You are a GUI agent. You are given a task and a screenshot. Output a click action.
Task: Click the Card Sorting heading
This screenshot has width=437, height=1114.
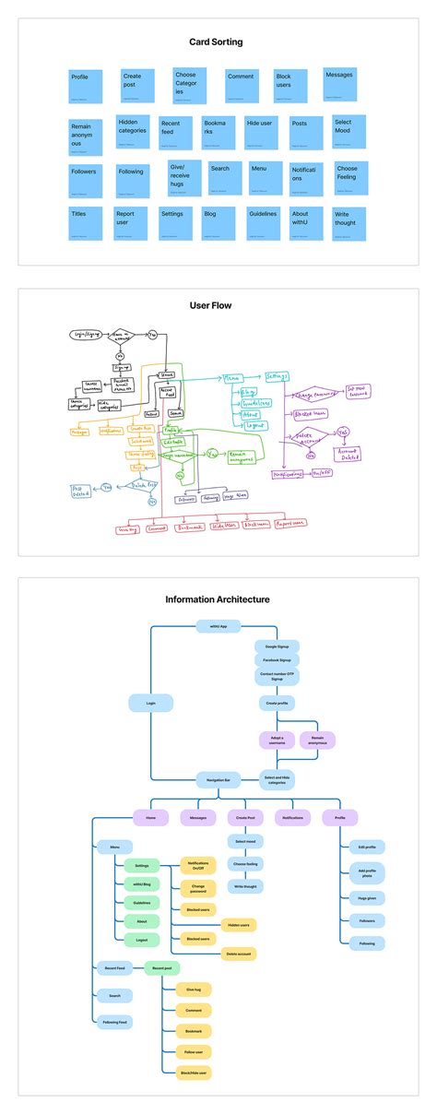(218, 41)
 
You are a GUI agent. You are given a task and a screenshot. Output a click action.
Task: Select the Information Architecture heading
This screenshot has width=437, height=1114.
(218, 599)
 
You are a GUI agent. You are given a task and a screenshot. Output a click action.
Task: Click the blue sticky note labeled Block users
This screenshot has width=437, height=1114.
(290, 86)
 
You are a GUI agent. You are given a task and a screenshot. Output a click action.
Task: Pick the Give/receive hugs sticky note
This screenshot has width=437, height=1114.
(184, 178)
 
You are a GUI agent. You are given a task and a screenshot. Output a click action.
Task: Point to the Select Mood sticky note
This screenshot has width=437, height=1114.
(348, 132)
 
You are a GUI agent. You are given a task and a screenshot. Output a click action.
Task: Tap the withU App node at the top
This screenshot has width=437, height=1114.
(218, 626)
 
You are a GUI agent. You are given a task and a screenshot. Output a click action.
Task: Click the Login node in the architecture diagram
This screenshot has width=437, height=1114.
(151, 703)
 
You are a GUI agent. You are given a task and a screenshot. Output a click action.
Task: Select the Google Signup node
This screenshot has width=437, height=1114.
(277, 646)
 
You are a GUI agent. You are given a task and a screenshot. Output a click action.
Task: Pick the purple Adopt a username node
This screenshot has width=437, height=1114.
(277, 740)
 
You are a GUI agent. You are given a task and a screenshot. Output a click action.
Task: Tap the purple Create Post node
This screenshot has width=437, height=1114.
(245, 817)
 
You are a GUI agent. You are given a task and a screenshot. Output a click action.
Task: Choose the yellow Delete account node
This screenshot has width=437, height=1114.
(238, 954)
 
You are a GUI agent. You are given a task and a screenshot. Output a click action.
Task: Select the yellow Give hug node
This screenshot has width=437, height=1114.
(195, 989)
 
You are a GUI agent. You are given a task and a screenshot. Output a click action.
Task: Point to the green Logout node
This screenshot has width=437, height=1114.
(141, 939)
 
